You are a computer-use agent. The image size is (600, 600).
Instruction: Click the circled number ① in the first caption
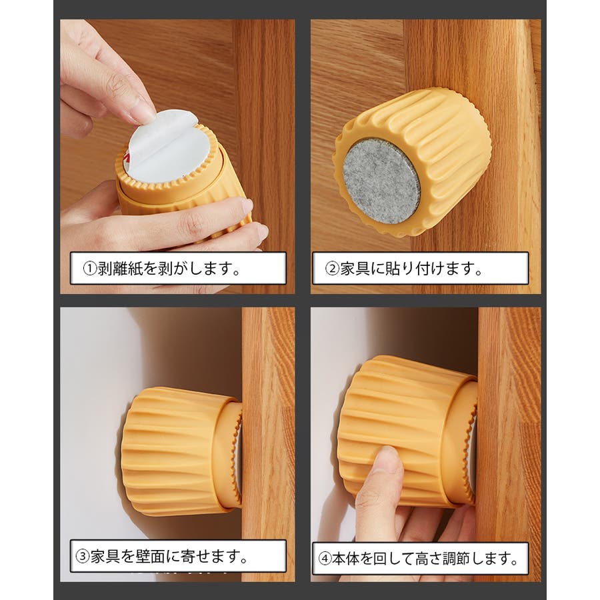[x=89, y=269]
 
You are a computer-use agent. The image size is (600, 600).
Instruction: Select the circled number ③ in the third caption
[x=82, y=557]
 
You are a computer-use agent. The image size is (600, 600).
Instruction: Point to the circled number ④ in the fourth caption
[x=325, y=559]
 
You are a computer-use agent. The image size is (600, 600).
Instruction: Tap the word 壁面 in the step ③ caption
[x=150, y=557]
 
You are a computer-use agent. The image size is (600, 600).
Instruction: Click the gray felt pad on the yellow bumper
[x=381, y=182]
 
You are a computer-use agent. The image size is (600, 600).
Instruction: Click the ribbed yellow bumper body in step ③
[x=173, y=451]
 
